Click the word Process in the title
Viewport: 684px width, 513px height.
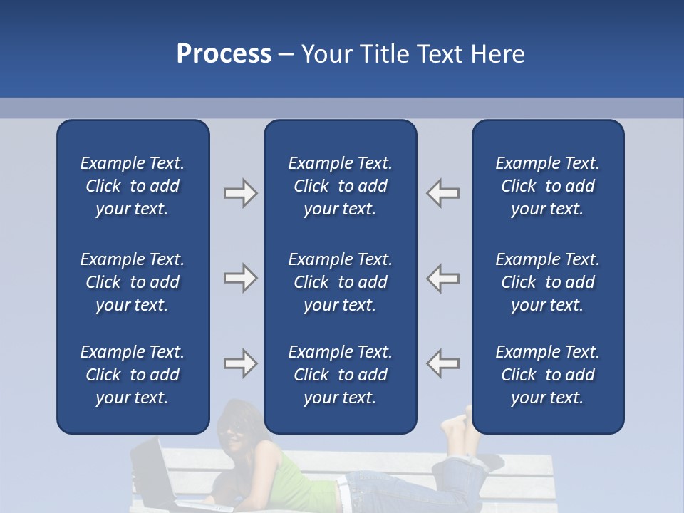click(224, 53)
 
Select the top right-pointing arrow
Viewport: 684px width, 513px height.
click(240, 193)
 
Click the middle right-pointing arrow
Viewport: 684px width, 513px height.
click(240, 278)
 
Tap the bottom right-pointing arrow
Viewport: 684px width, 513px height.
click(240, 363)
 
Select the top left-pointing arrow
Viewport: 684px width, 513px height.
click(443, 193)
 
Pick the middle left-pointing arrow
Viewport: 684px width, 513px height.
click(443, 278)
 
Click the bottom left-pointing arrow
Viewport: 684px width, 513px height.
click(443, 363)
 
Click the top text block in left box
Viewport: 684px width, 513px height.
click(133, 186)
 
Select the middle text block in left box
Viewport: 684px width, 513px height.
click(133, 282)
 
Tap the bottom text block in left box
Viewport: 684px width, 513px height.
click(133, 375)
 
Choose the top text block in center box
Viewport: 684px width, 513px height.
click(340, 186)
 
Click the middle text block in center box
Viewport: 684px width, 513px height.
click(340, 282)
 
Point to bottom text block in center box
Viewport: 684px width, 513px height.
click(340, 375)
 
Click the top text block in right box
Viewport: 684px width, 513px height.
click(547, 186)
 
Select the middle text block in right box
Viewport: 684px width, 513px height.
click(547, 282)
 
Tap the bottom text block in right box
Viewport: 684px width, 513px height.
click(547, 375)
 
